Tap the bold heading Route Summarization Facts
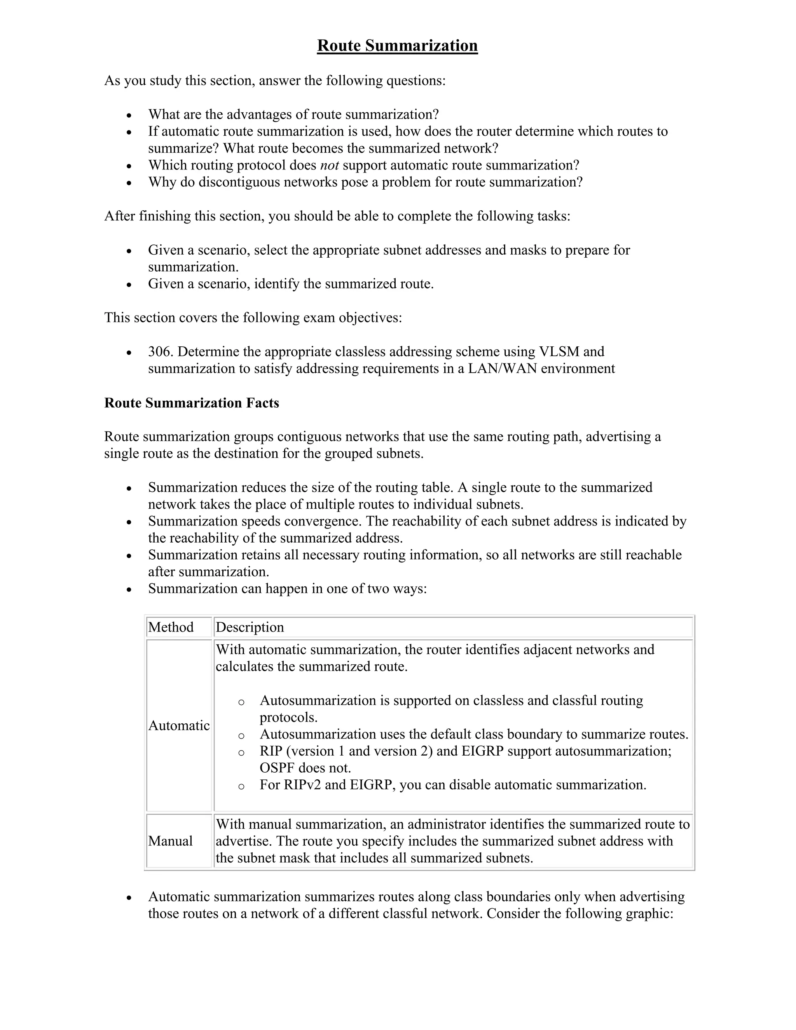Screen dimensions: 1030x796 [x=192, y=403]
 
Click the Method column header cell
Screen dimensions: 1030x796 [x=171, y=627]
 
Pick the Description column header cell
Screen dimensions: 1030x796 [x=250, y=627]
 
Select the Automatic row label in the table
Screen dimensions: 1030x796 [x=179, y=725]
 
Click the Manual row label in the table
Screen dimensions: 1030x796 [x=170, y=841]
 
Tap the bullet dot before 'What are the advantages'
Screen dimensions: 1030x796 [x=129, y=115]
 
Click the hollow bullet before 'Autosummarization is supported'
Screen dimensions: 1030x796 [x=241, y=701]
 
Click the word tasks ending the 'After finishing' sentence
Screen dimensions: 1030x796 [x=552, y=216]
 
